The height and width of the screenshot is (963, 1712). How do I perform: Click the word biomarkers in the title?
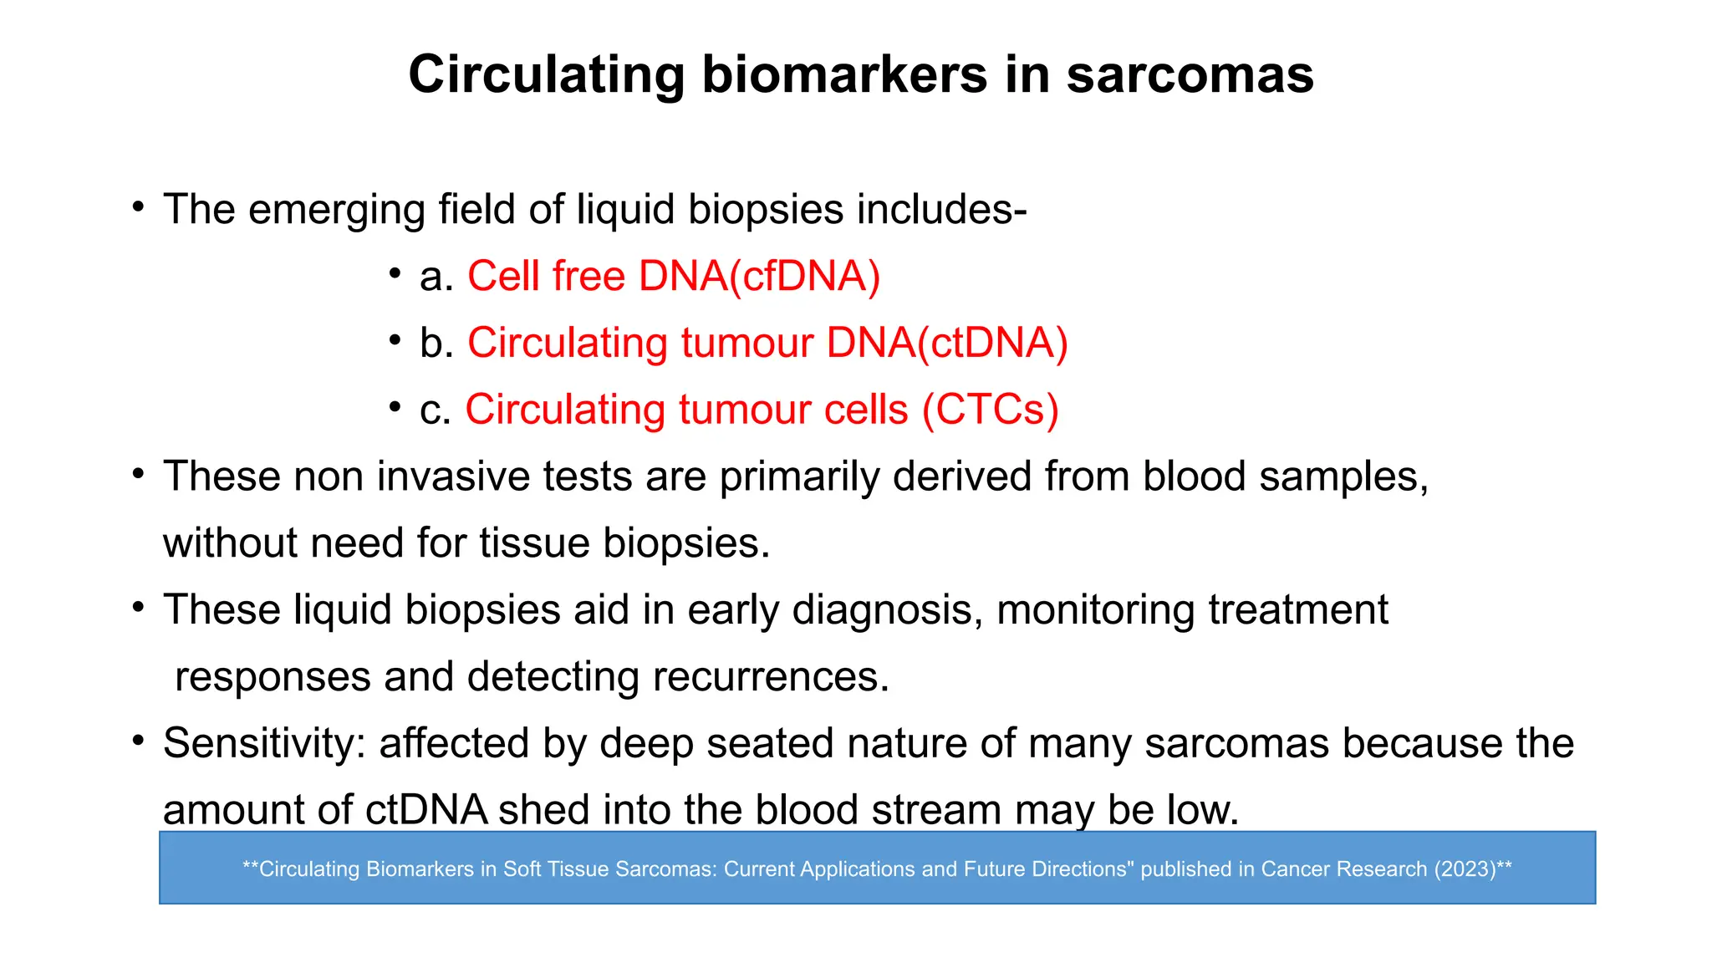click(x=844, y=75)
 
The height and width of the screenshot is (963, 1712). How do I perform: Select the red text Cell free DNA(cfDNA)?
click(x=673, y=277)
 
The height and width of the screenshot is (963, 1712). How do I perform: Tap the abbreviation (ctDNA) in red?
click(x=993, y=344)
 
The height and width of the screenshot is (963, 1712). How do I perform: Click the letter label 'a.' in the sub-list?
click(x=436, y=277)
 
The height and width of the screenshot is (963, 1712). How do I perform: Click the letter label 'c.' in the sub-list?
click(x=435, y=410)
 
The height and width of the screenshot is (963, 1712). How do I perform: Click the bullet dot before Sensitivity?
click(x=139, y=741)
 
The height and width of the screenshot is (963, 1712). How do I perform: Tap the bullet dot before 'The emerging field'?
click(x=139, y=206)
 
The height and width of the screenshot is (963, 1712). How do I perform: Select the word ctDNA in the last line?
click(x=426, y=810)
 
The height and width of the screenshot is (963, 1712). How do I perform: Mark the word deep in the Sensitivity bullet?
click(x=646, y=743)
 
